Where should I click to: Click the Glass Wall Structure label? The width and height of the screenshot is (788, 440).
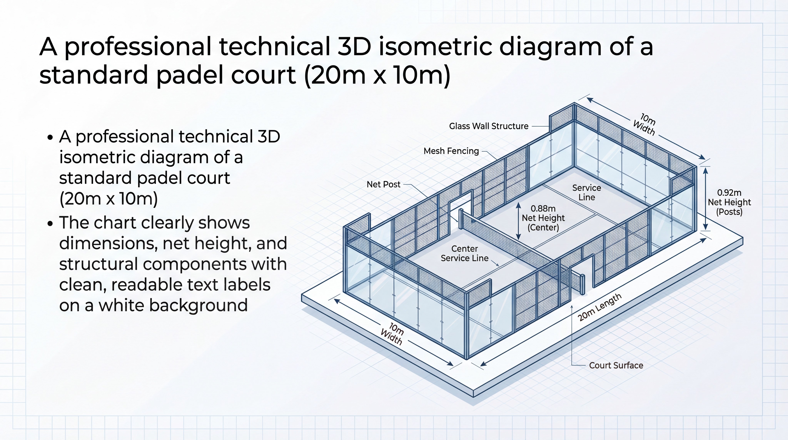[x=488, y=126]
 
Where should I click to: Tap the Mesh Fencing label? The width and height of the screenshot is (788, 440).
[x=451, y=151]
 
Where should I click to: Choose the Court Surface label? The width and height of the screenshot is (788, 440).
[x=616, y=365]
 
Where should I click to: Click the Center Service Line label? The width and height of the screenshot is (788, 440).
[x=464, y=253]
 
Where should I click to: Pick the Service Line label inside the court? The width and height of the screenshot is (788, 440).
[x=586, y=192]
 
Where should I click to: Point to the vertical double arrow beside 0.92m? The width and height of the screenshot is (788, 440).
[x=705, y=199]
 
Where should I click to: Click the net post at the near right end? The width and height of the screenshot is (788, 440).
[x=582, y=284]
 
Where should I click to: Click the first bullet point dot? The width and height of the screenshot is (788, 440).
[x=50, y=137]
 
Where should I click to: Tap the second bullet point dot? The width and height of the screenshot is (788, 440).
[x=50, y=223]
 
